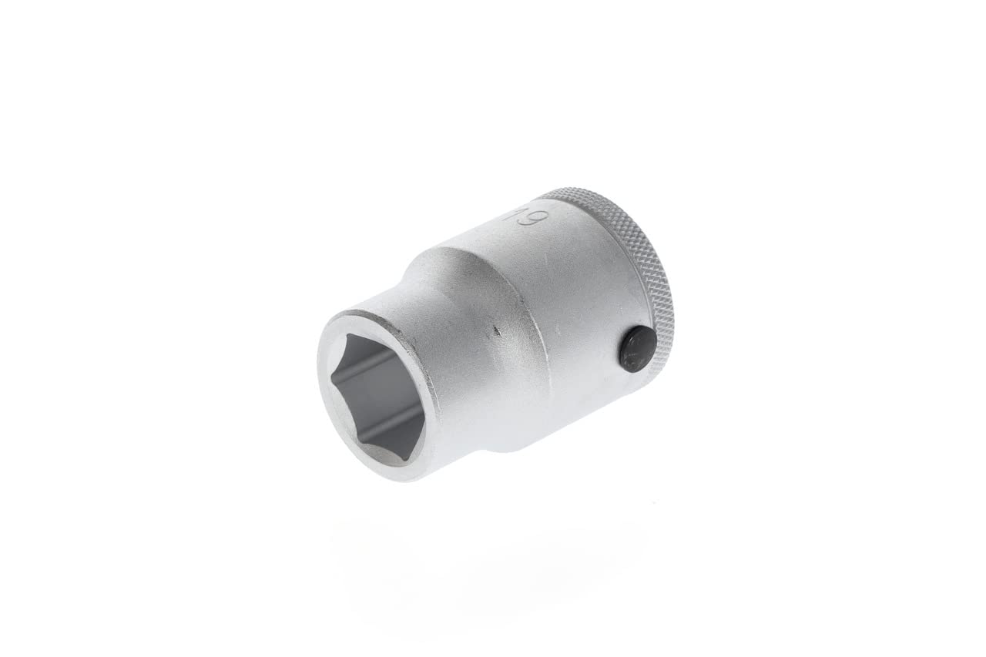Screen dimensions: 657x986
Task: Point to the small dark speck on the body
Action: coord(496,333)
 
